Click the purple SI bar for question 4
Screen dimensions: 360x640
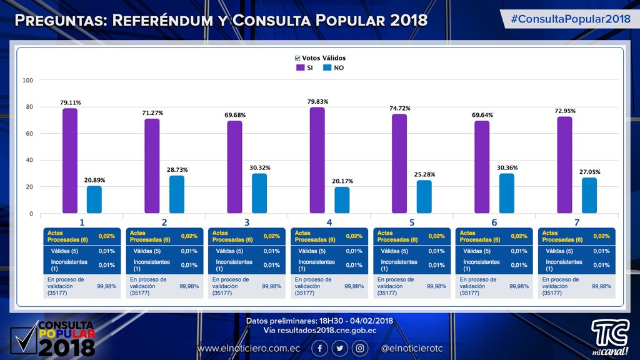click(x=317, y=160)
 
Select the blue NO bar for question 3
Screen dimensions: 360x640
click(x=259, y=193)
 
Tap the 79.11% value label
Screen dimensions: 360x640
click(x=70, y=102)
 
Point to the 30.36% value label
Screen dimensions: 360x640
click(x=506, y=167)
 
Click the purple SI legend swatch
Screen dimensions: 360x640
click(x=300, y=67)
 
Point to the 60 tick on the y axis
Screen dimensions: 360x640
click(x=28, y=134)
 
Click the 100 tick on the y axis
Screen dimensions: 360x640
click(x=27, y=80)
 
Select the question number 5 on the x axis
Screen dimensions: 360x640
click(x=411, y=222)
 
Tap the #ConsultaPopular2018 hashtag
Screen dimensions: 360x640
click(x=570, y=19)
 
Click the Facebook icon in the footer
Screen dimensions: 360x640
click(x=319, y=348)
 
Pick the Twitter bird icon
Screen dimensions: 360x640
click(x=339, y=348)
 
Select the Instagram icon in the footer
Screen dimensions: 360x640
click(x=360, y=348)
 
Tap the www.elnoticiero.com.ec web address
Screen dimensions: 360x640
click(x=249, y=348)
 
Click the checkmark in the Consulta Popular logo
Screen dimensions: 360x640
click(x=25, y=341)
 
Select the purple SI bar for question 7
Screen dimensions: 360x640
click(x=564, y=165)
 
